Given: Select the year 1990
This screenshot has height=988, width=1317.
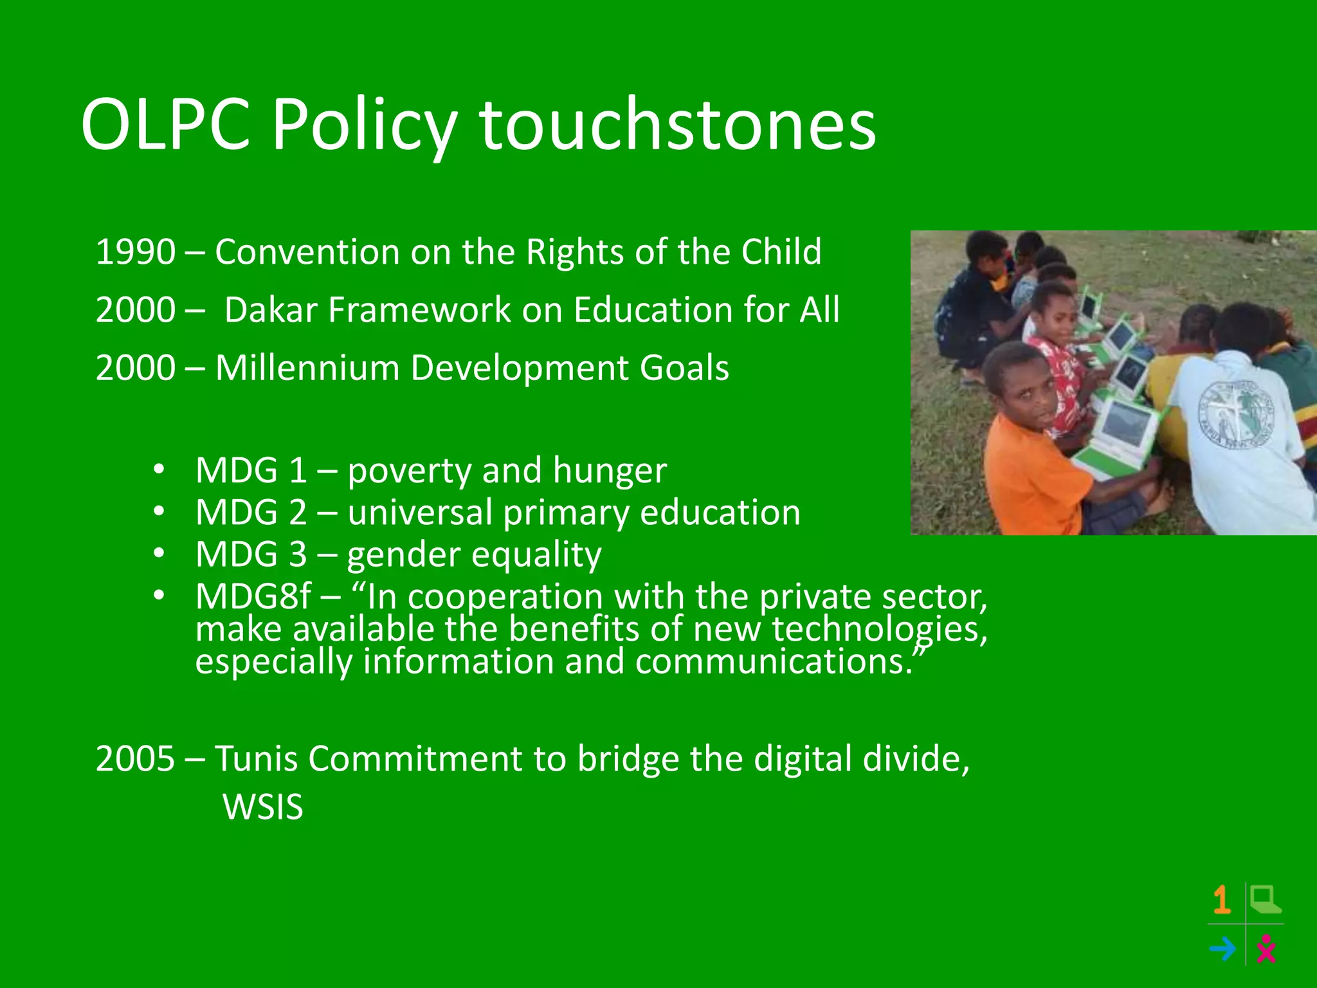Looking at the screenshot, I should [x=135, y=252].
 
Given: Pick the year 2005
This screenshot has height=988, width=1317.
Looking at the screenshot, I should [x=135, y=758].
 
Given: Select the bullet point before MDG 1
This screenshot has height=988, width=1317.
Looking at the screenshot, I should [x=159, y=469].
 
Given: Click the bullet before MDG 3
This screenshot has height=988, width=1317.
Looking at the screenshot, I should [x=159, y=553].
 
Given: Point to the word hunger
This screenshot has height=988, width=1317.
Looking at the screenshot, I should [x=609, y=470].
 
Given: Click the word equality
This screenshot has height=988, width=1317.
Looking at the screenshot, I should [x=538, y=554].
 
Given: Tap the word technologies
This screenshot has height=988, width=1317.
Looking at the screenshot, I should [x=880, y=629].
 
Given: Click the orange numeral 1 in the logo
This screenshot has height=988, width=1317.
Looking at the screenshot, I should [x=1222, y=900].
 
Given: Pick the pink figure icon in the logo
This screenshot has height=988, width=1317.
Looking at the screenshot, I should [x=1266, y=948].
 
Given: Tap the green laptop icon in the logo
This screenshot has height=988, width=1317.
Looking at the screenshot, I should [x=1265, y=900].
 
